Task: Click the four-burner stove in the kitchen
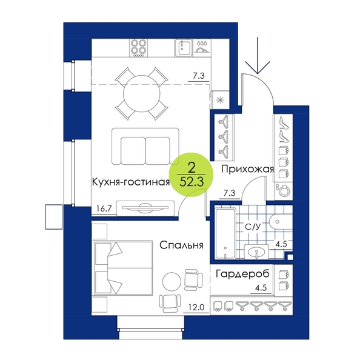click(x=138, y=48)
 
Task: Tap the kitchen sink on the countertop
click(x=184, y=48)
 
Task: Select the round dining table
click(x=141, y=94)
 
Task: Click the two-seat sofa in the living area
click(x=145, y=147)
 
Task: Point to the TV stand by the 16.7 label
click(x=145, y=208)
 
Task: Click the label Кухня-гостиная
click(x=131, y=182)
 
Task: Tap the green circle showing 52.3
click(x=192, y=175)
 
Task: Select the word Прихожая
click(x=248, y=170)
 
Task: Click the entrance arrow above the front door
click(x=258, y=55)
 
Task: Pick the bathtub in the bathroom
click(x=225, y=233)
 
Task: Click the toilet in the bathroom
click(x=281, y=222)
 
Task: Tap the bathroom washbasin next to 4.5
click(x=256, y=252)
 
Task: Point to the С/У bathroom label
click(x=253, y=227)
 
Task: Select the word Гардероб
click(x=242, y=274)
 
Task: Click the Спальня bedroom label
click(x=181, y=245)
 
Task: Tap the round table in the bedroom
click(x=172, y=281)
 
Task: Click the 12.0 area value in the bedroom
click(x=196, y=307)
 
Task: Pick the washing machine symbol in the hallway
click(x=284, y=191)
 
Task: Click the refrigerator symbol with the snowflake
click(x=220, y=100)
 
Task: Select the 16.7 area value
click(x=104, y=208)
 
